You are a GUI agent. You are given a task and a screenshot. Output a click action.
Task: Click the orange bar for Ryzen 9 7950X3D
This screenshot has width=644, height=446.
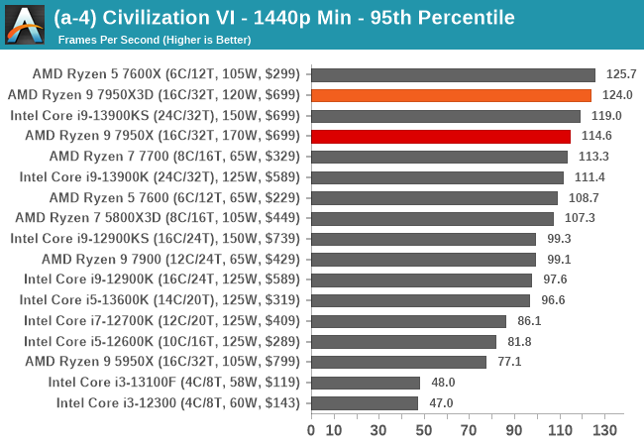click(451, 95)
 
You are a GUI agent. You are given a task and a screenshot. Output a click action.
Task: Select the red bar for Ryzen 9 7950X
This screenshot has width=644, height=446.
click(441, 136)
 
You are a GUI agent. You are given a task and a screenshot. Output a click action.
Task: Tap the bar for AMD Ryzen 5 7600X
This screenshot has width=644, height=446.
click(453, 74)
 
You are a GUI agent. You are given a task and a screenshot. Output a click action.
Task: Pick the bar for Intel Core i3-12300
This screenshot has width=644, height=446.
click(365, 402)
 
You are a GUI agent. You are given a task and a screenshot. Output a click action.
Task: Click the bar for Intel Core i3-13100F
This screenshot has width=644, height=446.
click(366, 382)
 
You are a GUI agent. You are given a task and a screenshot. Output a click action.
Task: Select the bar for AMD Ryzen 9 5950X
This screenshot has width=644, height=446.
click(398, 362)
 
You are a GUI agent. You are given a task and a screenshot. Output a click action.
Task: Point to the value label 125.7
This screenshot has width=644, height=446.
click(621, 74)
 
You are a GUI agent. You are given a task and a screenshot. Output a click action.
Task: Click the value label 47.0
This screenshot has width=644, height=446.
click(441, 402)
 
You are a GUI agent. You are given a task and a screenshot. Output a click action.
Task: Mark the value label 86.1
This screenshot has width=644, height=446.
click(531, 321)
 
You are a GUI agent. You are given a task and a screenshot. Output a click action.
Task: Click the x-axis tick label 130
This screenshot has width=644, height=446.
click(604, 430)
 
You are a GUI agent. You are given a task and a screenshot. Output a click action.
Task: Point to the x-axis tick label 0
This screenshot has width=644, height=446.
click(311, 430)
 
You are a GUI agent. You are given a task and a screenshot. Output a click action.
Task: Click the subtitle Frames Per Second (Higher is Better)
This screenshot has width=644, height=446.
click(155, 40)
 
